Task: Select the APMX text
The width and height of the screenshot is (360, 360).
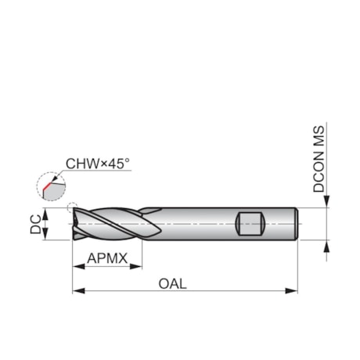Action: [108, 256]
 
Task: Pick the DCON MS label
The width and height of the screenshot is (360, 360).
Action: [319, 161]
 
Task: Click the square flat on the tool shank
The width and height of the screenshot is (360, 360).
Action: [249, 224]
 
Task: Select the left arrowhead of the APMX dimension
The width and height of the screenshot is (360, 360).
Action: [77, 266]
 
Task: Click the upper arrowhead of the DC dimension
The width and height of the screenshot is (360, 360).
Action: [45, 213]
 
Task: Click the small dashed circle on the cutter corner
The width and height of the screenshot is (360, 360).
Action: [73, 208]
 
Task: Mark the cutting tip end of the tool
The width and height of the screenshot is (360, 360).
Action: [74, 224]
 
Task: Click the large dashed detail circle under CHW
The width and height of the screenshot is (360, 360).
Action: [48, 185]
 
